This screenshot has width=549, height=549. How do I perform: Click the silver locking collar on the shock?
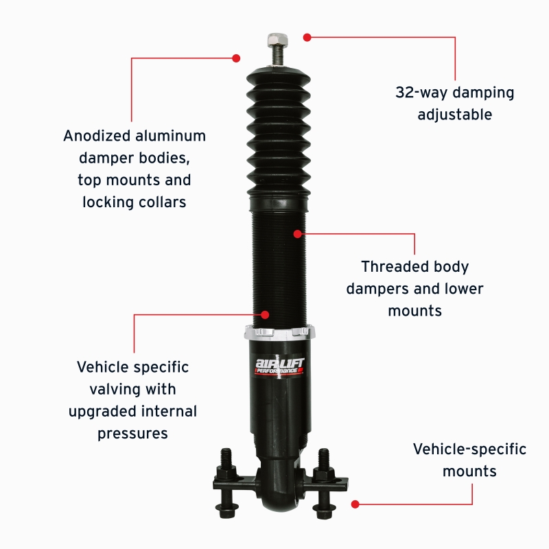coord(279,333)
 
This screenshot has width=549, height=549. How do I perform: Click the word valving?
coord(115,389)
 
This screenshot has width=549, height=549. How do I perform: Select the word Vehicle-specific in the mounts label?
coord(469,449)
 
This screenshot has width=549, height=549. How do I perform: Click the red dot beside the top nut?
coord(307,36)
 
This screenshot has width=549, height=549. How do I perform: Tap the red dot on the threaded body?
coord(297,234)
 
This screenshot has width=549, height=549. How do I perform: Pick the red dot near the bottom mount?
coord(355,504)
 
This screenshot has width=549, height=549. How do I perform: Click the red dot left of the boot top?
coord(237,58)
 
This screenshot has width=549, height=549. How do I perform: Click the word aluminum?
coord(169,135)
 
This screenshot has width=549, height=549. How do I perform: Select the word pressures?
coord(132,434)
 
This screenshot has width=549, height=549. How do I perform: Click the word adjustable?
coord(455,115)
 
